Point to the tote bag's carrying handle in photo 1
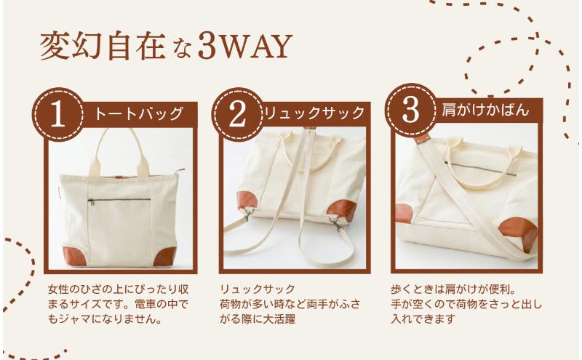coord(121,145)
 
